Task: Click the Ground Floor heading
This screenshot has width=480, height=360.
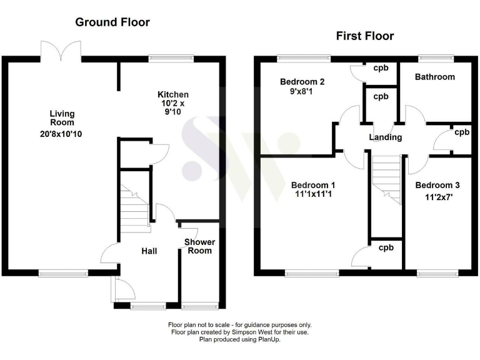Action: pyautogui.click(x=112, y=22)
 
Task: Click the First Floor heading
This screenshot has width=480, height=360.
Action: pyautogui.click(x=365, y=36)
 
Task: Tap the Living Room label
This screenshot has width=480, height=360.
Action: pyautogui.click(x=62, y=117)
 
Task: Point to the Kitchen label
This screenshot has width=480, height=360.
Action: pyautogui.click(x=172, y=95)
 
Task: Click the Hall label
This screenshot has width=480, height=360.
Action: pyautogui.click(x=149, y=251)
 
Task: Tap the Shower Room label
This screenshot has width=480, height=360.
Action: pyautogui.click(x=200, y=246)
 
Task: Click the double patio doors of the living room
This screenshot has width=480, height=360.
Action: pyautogui.click(x=61, y=51)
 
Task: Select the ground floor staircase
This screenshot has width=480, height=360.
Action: pyautogui.click(x=133, y=208)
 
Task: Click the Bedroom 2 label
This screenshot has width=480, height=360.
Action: pyautogui.click(x=302, y=82)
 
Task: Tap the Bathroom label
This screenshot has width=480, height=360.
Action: pyautogui.click(x=435, y=77)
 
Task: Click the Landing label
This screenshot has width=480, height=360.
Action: pyautogui.click(x=386, y=137)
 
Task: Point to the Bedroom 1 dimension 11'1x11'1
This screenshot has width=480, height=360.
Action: pyautogui.click(x=313, y=196)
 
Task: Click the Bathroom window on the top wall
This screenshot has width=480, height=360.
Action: pyautogui.click(x=435, y=58)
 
